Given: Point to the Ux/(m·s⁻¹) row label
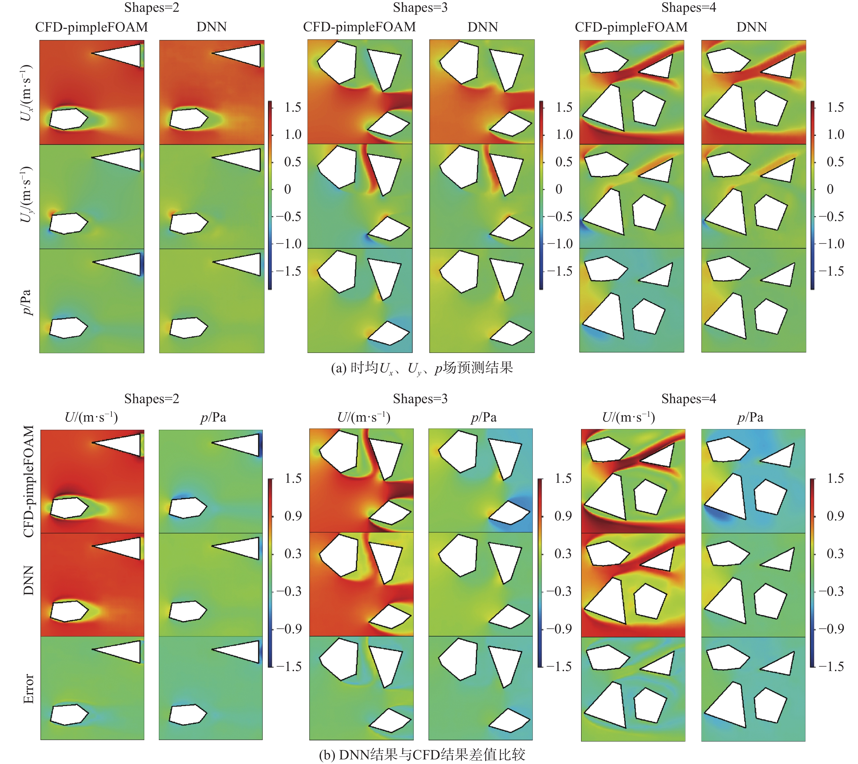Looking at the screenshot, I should (x=26, y=92).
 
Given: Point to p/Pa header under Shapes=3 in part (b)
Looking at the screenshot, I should (x=484, y=417).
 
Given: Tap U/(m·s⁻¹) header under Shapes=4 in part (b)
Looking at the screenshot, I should (x=628, y=417).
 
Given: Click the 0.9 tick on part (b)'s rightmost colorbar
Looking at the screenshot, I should (x=835, y=516).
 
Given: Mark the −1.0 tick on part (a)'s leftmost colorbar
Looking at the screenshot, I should (x=289, y=244).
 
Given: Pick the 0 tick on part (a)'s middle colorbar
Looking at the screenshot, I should (x=559, y=189).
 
